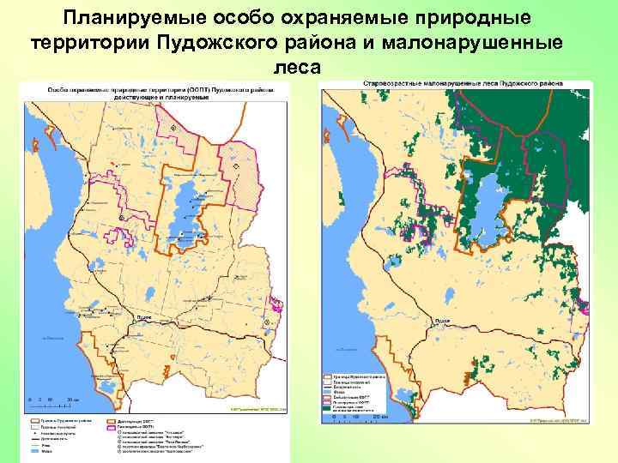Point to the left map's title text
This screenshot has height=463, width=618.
[x=151, y=92]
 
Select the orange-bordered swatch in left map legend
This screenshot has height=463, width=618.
[x=112, y=422]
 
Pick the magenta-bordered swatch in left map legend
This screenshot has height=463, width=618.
[x=112, y=427]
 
